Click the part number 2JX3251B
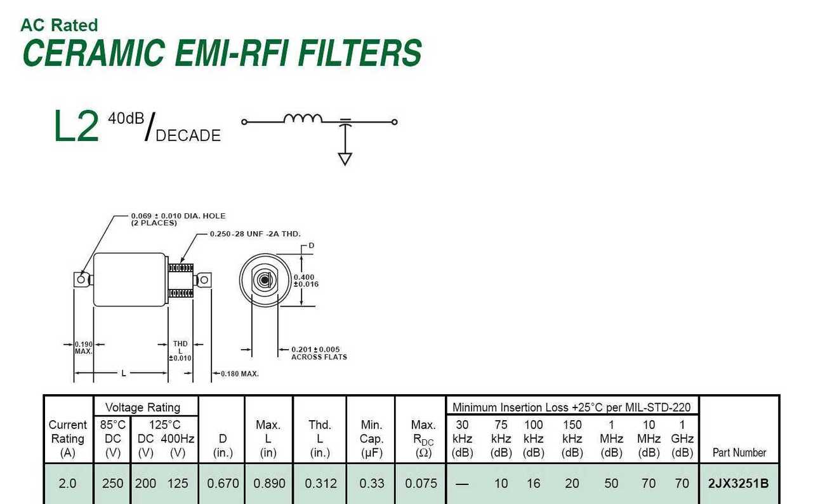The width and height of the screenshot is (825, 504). (738, 483)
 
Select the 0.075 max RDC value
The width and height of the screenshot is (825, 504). (421, 483)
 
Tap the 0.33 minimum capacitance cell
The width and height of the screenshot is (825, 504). (372, 483)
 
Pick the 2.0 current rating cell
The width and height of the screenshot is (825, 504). (67, 483)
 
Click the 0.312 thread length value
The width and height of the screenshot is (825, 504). (320, 483)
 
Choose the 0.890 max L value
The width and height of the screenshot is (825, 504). (269, 483)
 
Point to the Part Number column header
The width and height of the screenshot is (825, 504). (739, 453)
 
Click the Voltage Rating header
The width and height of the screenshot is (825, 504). (143, 407)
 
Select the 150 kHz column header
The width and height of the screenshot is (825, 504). (572, 439)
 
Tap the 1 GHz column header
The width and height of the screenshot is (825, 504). (682, 439)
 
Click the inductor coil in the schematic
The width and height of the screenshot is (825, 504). (303, 118)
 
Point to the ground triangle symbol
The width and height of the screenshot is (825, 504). (345, 159)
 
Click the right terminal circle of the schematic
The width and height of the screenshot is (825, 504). (394, 122)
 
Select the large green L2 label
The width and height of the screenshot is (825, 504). (76, 126)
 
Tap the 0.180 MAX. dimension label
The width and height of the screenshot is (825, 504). (240, 374)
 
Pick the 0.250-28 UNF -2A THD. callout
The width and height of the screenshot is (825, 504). (255, 234)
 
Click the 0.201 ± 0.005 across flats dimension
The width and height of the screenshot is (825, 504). (319, 353)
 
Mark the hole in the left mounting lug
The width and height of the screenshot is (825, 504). (81, 280)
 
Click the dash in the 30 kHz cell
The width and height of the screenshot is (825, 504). (462, 484)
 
